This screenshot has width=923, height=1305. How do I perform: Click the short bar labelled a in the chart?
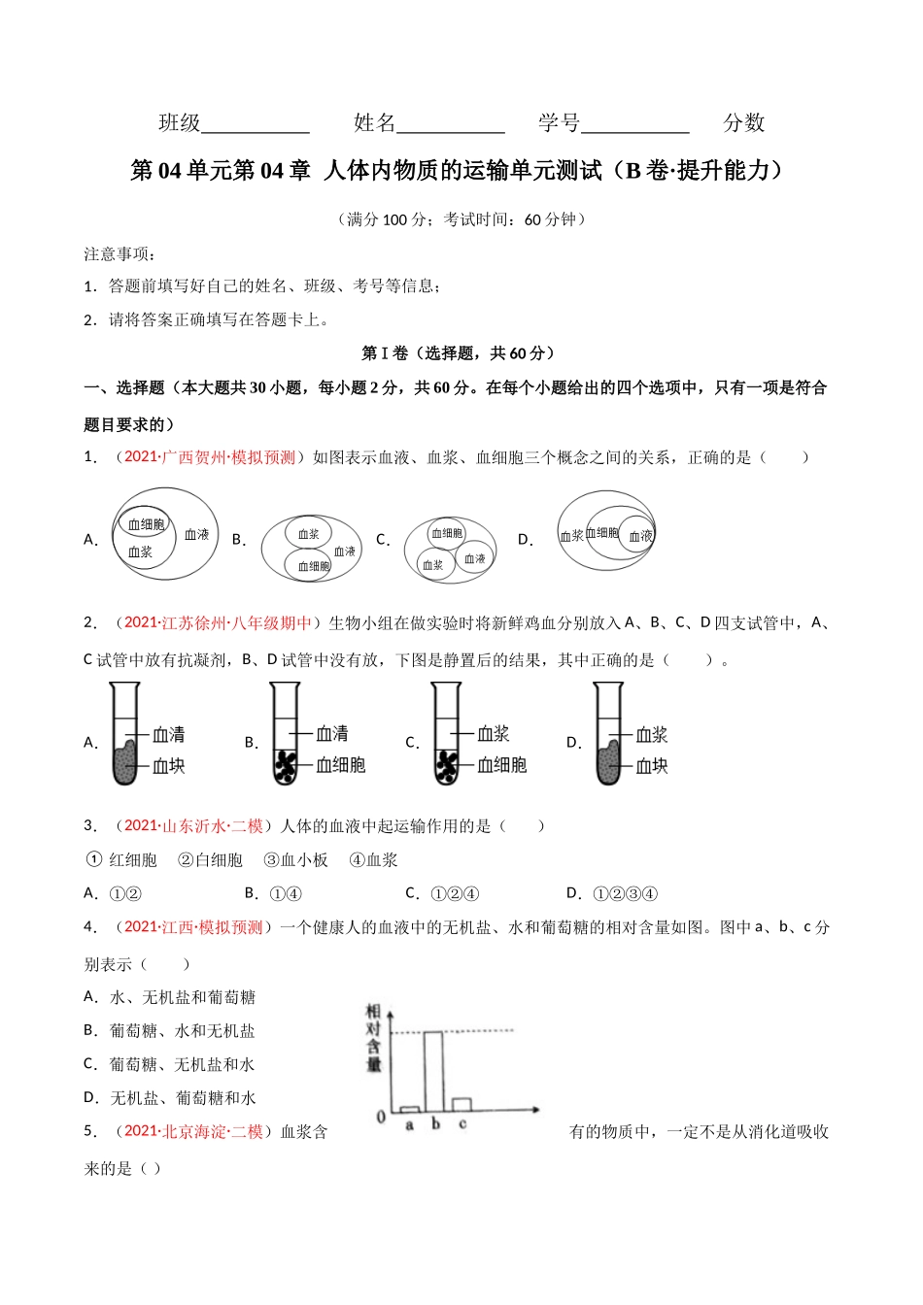[x=410, y=1109]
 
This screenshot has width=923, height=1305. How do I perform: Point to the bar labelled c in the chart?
[x=462, y=1105]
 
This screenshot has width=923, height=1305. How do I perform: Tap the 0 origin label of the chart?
[x=381, y=1118]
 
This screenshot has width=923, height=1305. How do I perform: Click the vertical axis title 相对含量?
[x=373, y=1039]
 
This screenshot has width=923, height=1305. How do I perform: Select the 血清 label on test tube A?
[x=169, y=734]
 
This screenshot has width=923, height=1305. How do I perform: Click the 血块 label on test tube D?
[x=652, y=766]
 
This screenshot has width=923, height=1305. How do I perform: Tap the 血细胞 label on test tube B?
[x=341, y=765]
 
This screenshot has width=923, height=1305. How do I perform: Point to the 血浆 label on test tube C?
[x=494, y=734]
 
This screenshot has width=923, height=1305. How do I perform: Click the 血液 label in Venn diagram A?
[x=197, y=534]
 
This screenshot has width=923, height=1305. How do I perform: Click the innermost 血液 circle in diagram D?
[x=639, y=535]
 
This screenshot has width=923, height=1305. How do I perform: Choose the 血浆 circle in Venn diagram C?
[x=433, y=564]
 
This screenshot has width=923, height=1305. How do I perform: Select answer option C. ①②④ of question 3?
[x=442, y=893]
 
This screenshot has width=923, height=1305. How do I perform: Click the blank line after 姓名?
[x=451, y=123]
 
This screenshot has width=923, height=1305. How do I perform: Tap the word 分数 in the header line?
[x=744, y=123]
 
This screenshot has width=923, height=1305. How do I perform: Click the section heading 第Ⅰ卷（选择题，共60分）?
[x=458, y=353]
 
